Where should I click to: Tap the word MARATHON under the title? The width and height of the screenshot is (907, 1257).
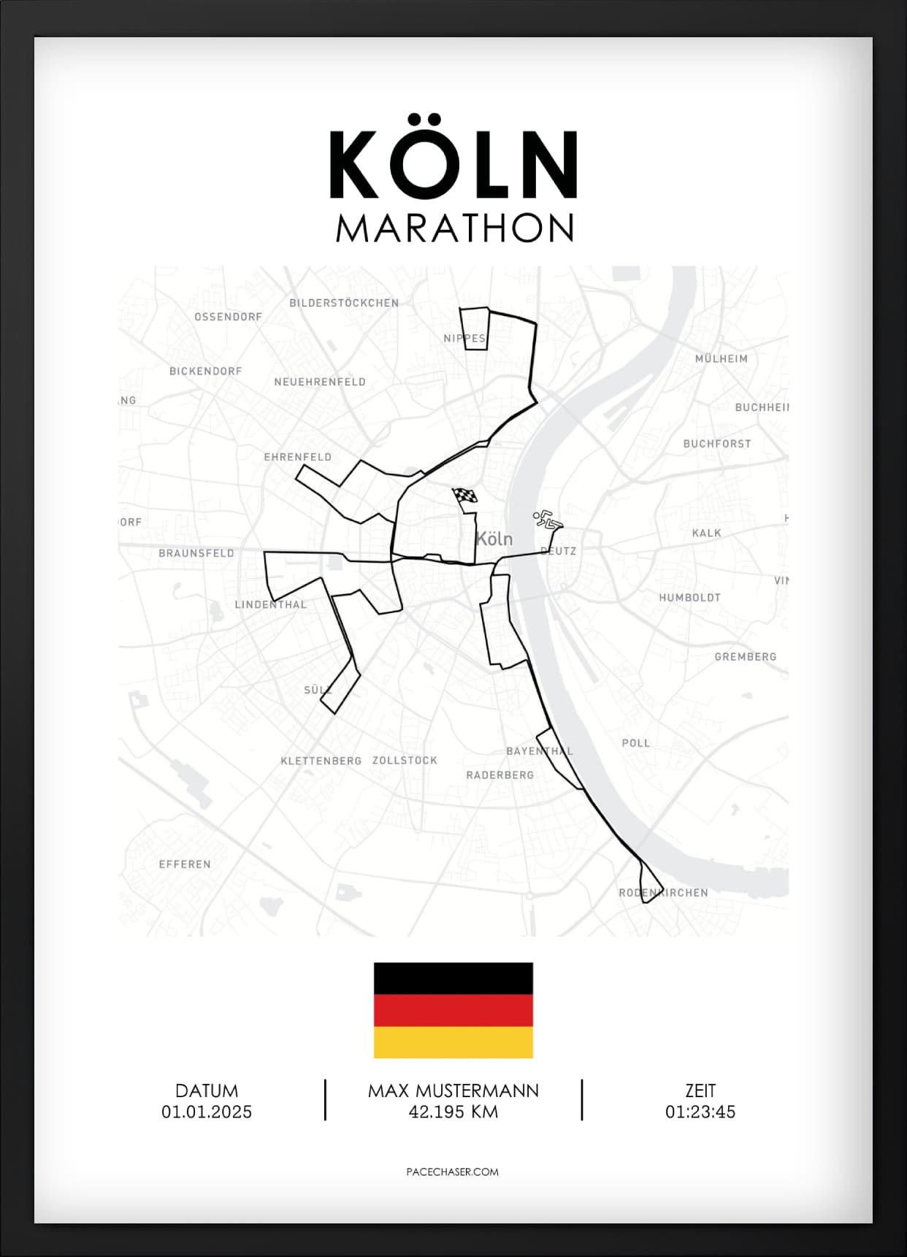click(454, 228)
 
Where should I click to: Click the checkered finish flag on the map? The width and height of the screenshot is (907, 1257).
click(465, 497)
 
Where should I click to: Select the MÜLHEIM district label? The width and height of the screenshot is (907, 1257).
click(721, 359)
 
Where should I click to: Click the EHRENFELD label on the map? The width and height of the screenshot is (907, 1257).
click(298, 457)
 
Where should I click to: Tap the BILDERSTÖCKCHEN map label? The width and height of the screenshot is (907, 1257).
click(344, 303)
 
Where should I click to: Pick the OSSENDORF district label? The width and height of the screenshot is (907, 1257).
click(228, 317)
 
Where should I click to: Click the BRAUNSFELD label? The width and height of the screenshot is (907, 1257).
click(196, 553)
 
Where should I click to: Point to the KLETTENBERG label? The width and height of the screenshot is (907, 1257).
click(321, 761)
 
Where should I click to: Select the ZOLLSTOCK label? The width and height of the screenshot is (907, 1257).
click(405, 760)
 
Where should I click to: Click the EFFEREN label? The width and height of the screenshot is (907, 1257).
click(185, 864)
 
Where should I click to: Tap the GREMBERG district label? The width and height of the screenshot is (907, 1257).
click(745, 657)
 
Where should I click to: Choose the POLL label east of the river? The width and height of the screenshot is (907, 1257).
click(635, 743)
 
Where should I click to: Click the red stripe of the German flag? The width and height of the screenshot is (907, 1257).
click(453, 1011)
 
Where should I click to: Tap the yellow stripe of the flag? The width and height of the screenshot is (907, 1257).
click(453, 1042)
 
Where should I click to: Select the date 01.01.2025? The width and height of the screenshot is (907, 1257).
click(207, 1112)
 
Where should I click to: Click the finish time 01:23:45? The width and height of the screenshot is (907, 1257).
click(700, 1112)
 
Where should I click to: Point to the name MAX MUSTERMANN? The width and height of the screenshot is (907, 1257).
click(453, 1091)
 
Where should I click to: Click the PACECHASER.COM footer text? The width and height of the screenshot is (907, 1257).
click(452, 1172)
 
